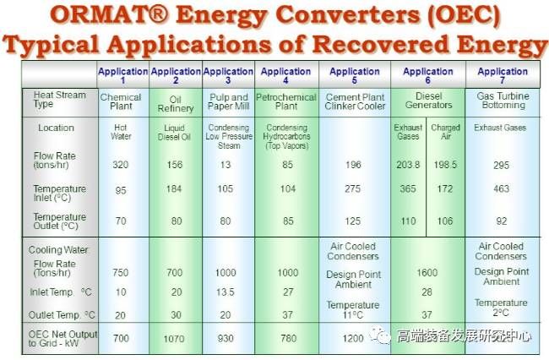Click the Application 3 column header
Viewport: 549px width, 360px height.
pyautogui.click(x=228, y=75)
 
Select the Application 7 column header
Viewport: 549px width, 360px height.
pyautogui.click(x=503, y=75)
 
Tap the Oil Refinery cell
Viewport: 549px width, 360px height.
pyautogui.click(x=176, y=104)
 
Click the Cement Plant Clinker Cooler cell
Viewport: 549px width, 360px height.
pyautogui.click(x=355, y=101)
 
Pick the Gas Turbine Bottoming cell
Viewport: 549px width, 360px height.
pyautogui.click(x=503, y=101)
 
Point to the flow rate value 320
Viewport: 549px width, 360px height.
pyautogui.click(x=121, y=165)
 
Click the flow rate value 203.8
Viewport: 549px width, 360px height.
pyautogui.click(x=408, y=165)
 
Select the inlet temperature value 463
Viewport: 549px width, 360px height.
pyautogui.click(x=501, y=188)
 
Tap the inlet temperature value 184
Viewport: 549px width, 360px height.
pyautogui.click(x=174, y=189)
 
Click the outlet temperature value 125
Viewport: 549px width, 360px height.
pyautogui.click(x=352, y=221)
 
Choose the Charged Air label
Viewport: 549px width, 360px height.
pyautogui.click(x=445, y=132)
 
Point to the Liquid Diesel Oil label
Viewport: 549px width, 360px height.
pyautogui.click(x=174, y=133)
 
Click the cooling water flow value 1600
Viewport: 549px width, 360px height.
pyautogui.click(x=427, y=272)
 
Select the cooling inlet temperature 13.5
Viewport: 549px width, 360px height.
pyautogui.click(x=226, y=292)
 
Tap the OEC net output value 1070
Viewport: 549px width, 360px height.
pyautogui.click(x=174, y=339)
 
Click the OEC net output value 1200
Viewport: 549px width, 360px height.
pyautogui.click(x=353, y=338)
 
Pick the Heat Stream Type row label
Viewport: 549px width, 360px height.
pyautogui.click(x=59, y=100)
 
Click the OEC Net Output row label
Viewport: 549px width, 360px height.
pyautogui.click(x=63, y=339)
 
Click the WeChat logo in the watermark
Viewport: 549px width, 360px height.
pyautogui.click(x=381, y=336)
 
